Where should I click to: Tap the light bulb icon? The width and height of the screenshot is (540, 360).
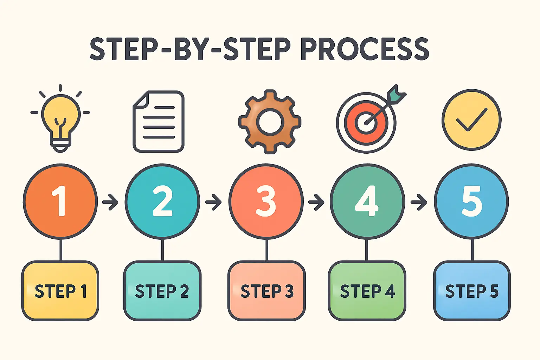[x=60, y=120]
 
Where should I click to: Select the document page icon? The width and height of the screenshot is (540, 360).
[x=159, y=122]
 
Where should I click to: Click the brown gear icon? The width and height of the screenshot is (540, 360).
[x=270, y=122]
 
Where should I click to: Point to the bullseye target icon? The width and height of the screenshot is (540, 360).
[x=366, y=122]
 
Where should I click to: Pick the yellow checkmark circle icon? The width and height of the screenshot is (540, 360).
[x=471, y=120]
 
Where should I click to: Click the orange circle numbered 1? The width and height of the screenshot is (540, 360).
[x=60, y=201]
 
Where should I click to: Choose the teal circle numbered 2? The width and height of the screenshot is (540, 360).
[x=162, y=201]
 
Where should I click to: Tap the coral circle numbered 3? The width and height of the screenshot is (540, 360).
[x=266, y=201]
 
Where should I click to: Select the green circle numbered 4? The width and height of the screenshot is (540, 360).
[x=367, y=201]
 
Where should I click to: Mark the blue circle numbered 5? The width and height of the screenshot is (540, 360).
[x=471, y=201]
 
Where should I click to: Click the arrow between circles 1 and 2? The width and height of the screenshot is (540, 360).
[x=110, y=202]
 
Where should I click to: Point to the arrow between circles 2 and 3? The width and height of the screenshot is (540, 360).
[x=213, y=202]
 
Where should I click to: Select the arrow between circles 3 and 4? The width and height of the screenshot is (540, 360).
[x=316, y=202]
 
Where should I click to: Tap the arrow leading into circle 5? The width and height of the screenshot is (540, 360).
[x=419, y=202]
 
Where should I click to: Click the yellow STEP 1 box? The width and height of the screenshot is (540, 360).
[x=60, y=291]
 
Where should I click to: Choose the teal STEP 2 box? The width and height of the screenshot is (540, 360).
[x=162, y=291]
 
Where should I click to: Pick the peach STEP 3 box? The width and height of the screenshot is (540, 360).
[x=266, y=291]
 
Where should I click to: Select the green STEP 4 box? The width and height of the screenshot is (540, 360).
[x=367, y=291]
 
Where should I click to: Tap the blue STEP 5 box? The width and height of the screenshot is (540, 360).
[x=471, y=291]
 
